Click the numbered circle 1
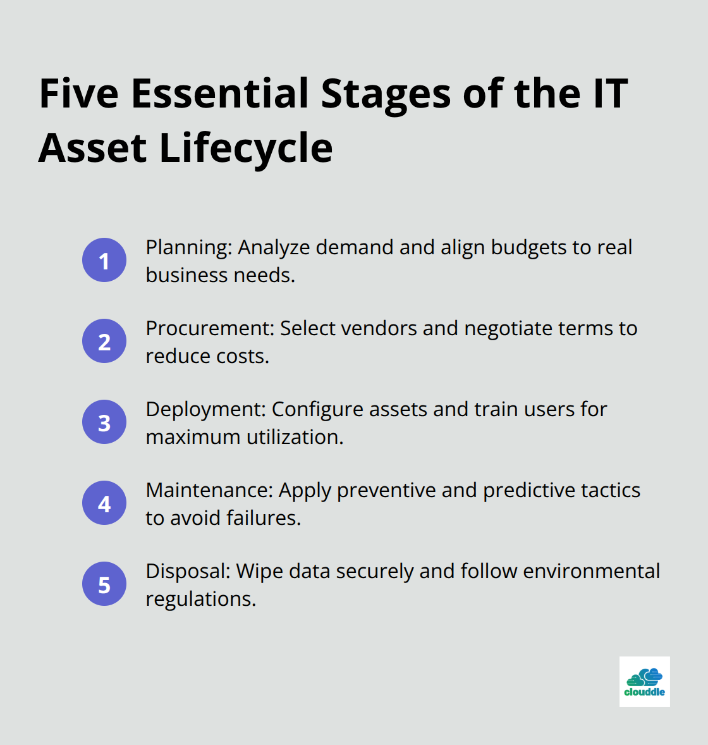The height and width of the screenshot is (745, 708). pos(104,260)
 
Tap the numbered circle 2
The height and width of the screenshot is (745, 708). pos(104,341)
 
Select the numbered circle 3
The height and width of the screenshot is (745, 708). pos(104,422)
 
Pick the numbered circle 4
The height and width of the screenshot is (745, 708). pos(104,503)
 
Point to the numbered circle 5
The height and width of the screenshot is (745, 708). pos(104,584)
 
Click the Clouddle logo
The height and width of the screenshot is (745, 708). pos(644,682)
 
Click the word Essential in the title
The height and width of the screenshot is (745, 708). pos(220,93)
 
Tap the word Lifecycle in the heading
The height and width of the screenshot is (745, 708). pos(245,148)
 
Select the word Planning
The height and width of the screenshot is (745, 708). pos(188,248)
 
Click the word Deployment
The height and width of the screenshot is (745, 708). pos(205,410)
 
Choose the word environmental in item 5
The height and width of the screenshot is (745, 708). pos(591,571)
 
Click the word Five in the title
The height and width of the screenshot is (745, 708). pos(79,93)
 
